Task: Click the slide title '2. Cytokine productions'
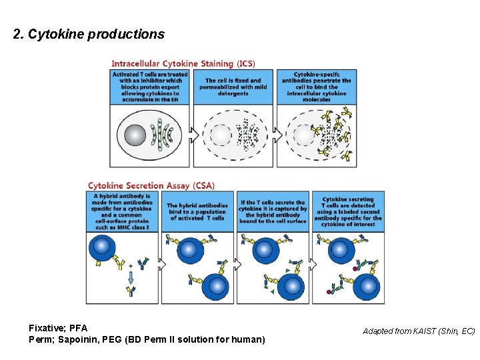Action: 89,34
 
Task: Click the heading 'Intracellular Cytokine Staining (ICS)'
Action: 183,63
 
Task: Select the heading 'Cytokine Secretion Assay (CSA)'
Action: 151,185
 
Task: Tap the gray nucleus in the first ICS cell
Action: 135,135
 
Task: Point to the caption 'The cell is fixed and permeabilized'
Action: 233,87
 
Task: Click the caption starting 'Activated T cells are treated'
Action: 150,87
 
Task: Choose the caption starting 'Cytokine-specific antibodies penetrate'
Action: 315,87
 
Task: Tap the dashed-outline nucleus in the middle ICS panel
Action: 219,136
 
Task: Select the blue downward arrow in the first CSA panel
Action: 131,277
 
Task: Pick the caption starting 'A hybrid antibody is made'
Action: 123,211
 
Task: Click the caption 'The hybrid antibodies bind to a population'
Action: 197,212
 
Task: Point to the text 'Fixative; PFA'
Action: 58,329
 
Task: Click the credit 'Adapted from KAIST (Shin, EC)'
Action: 419,331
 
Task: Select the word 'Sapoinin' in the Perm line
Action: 79,340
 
